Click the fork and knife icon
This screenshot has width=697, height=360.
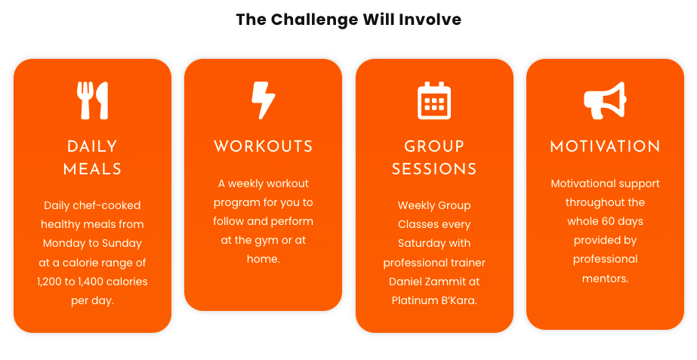(x=92, y=100)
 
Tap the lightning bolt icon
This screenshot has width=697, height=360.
(x=263, y=100)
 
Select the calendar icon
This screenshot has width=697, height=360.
(x=434, y=100)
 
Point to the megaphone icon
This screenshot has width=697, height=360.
(x=605, y=100)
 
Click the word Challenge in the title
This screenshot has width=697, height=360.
(x=314, y=20)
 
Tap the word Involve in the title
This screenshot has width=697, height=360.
(x=430, y=20)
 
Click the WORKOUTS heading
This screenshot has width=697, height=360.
(x=263, y=146)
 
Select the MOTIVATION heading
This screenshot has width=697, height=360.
(x=605, y=146)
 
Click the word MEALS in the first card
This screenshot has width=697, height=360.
(x=92, y=169)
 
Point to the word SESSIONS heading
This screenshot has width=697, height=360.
(x=434, y=169)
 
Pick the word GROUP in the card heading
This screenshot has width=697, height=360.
(x=434, y=146)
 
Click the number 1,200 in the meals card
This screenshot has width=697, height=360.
(x=50, y=282)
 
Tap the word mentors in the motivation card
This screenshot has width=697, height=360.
(x=605, y=279)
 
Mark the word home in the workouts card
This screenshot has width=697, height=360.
(x=263, y=259)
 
